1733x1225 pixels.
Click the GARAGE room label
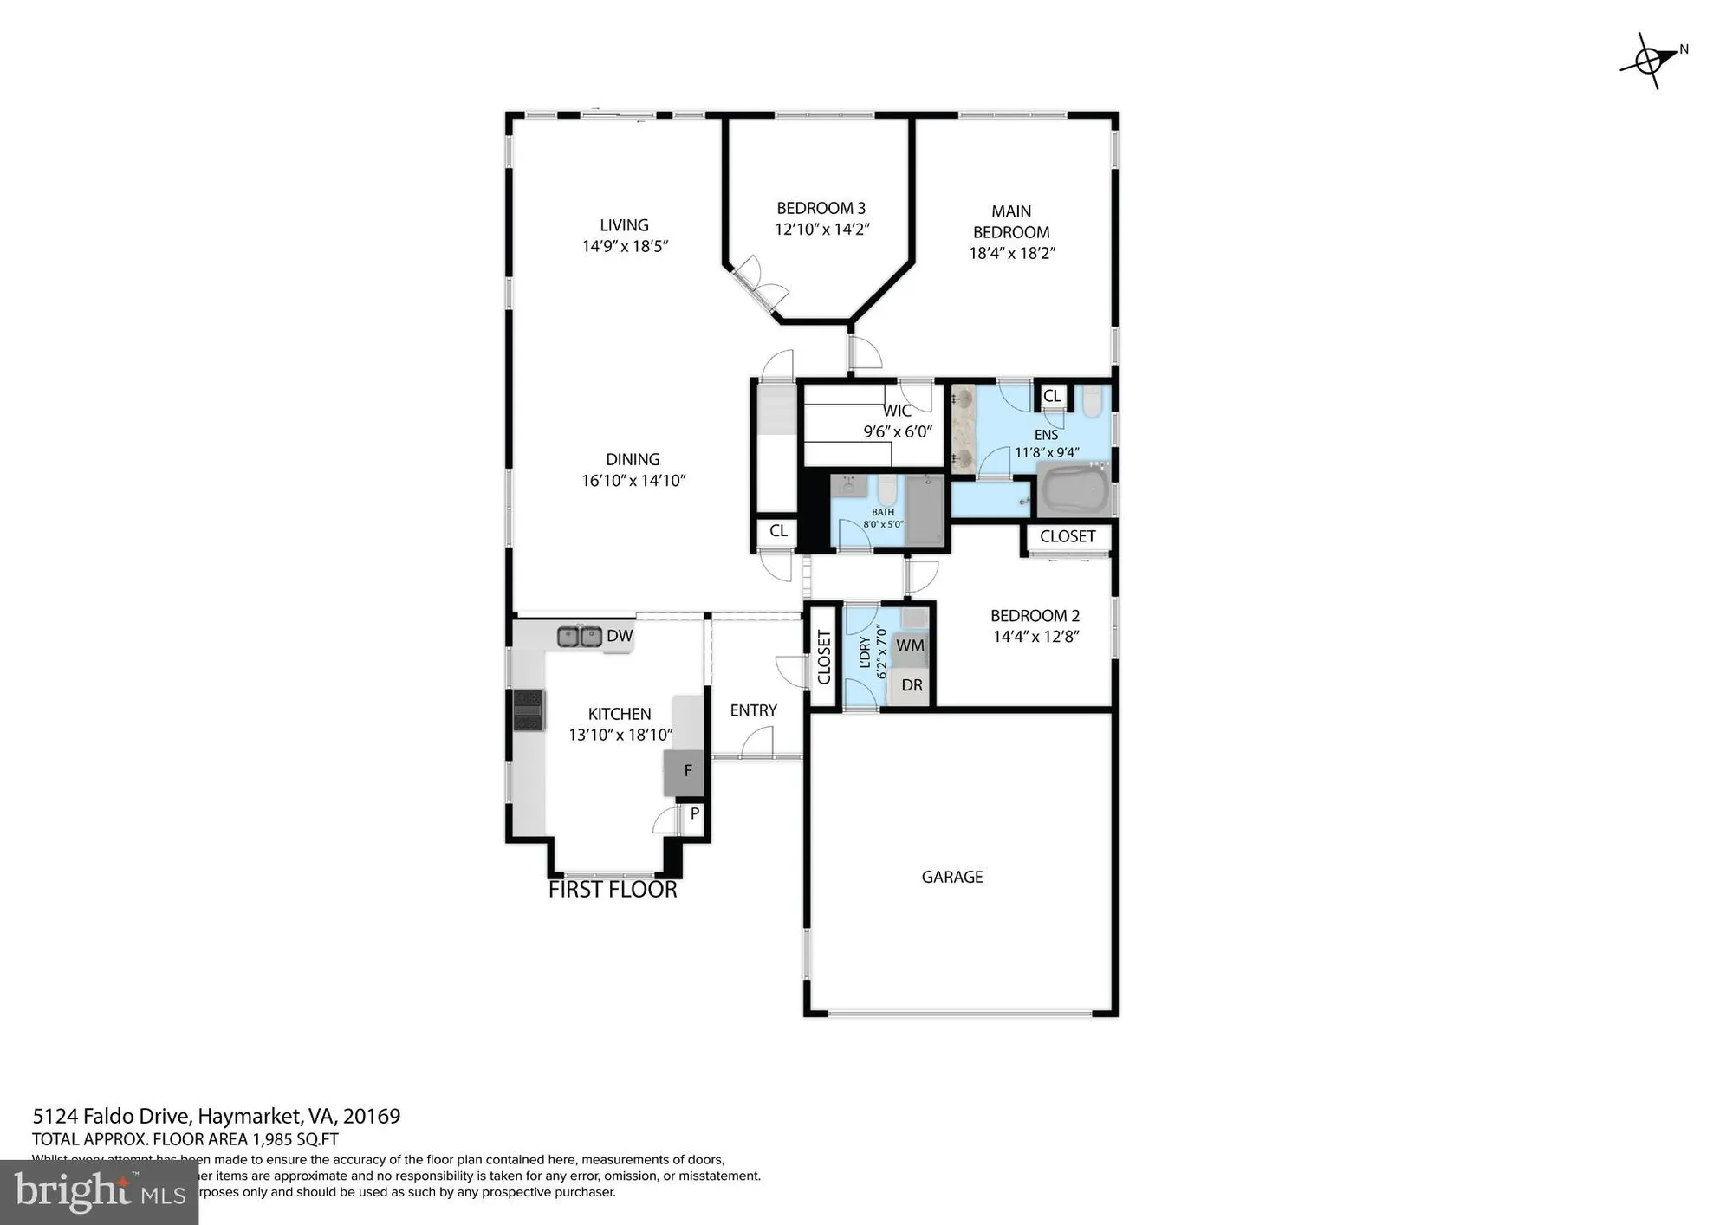point(951,877)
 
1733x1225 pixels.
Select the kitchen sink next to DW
point(580,637)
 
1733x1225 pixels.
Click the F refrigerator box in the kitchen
point(686,771)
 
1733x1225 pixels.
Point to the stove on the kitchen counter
point(528,710)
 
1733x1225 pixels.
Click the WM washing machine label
point(910,646)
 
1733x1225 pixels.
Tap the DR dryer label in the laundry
point(912,685)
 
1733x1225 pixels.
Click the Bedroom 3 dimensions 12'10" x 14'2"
point(821,230)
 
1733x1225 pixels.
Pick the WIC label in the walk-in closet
point(897,411)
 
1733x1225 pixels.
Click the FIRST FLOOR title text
point(613,890)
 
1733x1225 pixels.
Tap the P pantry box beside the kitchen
point(694,814)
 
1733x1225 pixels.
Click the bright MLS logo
point(99,1193)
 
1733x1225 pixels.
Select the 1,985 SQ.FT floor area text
point(295,1140)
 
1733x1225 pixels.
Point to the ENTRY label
point(753,710)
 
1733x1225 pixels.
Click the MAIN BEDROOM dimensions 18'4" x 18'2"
point(1011,254)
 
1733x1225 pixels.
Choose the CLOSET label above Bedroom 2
point(1067,536)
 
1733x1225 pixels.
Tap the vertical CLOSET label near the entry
point(824,657)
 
